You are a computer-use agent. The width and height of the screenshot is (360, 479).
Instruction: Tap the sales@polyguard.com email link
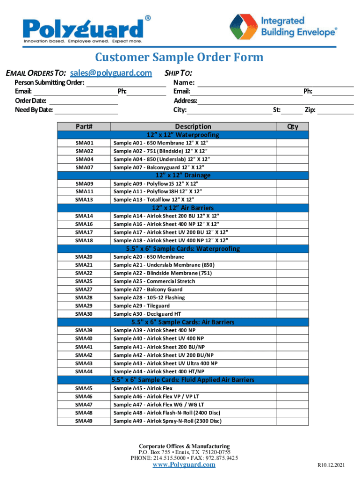click(111, 73)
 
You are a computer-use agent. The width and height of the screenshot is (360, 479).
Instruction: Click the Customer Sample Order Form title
click(180, 58)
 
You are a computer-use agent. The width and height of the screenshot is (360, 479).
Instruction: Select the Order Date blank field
click(84, 101)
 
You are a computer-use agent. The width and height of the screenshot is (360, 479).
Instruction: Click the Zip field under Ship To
click(336, 110)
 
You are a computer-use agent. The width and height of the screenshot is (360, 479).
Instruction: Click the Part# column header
click(84, 126)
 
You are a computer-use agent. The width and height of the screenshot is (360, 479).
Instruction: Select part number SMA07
click(84, 167)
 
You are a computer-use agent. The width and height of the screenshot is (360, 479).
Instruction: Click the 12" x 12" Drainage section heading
click(183, 175)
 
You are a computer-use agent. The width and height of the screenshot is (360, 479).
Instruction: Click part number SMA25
click(84, 281)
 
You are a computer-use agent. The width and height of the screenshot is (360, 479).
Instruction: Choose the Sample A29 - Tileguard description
click(142, 305)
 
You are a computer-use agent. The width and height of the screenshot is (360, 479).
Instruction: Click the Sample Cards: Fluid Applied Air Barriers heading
click(183, 379)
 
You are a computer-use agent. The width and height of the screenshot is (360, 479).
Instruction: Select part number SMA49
click(84, 421)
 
